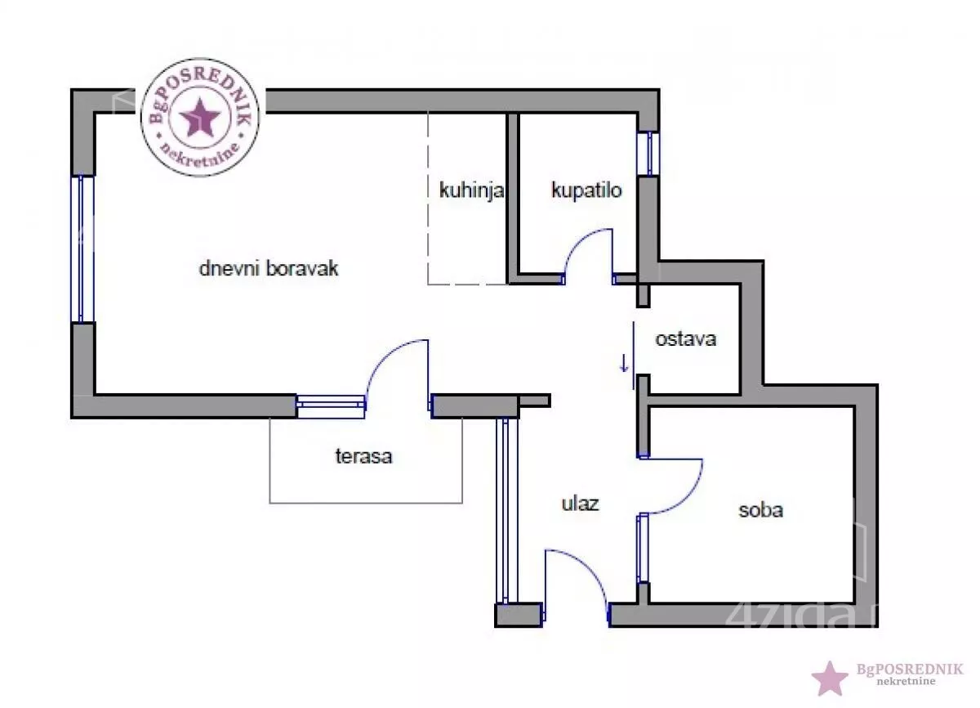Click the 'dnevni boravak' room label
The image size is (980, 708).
click(269, 268)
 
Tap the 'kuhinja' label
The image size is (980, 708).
click(471, 191)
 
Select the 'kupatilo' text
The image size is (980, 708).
click(586, 191)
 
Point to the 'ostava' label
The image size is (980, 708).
click(686, 338)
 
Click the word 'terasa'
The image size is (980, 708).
click(363, 456)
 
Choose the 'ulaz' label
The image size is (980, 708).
click(580, 503)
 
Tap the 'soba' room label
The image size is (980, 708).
click(760, 510)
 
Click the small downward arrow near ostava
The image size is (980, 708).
click(625, 362)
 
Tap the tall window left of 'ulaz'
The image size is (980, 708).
click(506, 511)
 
